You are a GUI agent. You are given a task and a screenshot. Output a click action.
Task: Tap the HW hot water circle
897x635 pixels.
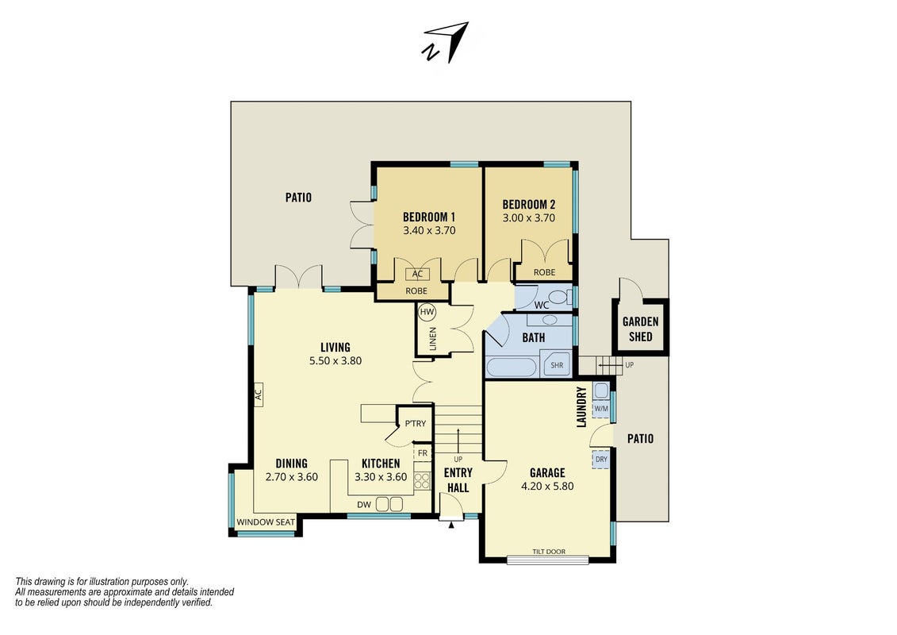(x=427, y=312)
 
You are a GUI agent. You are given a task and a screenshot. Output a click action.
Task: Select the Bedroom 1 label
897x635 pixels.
(x=429, y=217)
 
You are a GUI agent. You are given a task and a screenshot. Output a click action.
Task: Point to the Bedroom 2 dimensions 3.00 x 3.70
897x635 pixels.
(x=528, y=218)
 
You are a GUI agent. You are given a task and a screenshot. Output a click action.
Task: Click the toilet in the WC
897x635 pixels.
(x=563, y=298)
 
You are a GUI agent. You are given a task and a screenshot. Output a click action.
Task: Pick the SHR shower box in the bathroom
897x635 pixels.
(x=557, y=365)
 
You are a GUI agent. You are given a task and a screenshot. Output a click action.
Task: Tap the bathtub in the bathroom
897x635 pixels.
(x=511, y=367)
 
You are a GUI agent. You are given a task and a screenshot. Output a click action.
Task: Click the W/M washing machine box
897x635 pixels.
(x=600, y=408)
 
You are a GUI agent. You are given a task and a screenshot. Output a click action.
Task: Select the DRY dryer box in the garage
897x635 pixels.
(x=600, y=460)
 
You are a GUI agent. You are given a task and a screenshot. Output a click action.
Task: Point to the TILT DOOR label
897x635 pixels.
(x=549, y=552)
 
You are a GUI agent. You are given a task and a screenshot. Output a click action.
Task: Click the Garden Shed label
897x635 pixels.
(x=640, y=329)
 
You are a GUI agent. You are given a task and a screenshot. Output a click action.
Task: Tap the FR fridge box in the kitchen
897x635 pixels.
(x=423, y=453)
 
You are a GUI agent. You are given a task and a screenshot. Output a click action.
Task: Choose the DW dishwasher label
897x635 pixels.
(x=364, y=505)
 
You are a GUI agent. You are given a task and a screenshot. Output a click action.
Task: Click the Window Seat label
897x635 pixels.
(x=266, y=522)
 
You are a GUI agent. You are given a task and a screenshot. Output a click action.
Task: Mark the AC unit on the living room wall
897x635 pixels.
(x=258, y=394)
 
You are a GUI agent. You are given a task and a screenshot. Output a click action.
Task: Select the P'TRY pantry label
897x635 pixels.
(x=416, y=424)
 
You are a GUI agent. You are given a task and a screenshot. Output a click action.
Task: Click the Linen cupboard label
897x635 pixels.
(x=432, y=339)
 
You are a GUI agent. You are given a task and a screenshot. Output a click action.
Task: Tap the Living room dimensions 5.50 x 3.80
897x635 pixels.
(x=335, y=360)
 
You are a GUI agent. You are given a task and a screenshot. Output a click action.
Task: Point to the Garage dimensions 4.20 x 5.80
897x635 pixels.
(x=547, y=486)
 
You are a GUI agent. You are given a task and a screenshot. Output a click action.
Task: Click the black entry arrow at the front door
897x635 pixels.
(x=450, y=524)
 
